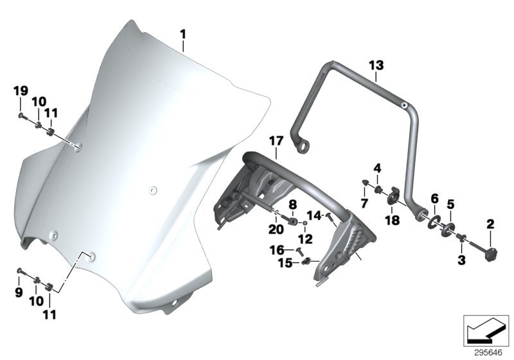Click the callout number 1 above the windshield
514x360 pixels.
[182, 35]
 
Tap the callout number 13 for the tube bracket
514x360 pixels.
[376, 65]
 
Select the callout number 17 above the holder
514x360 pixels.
[276, 141]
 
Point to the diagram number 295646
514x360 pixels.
[488, 353]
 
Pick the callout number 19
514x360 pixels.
[21, 91]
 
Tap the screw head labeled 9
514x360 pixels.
[20, 271]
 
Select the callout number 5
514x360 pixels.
[451, 204]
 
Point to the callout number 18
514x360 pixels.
[393, 220]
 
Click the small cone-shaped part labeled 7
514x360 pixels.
[365, 183]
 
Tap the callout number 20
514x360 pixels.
[276, 230]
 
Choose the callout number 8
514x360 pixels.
[292, 205]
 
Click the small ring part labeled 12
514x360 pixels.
[305, 223]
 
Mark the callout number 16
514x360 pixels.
[277, 250]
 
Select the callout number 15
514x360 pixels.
[285, 263]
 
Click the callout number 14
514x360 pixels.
[314, 215]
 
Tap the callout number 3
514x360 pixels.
[461, 260]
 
